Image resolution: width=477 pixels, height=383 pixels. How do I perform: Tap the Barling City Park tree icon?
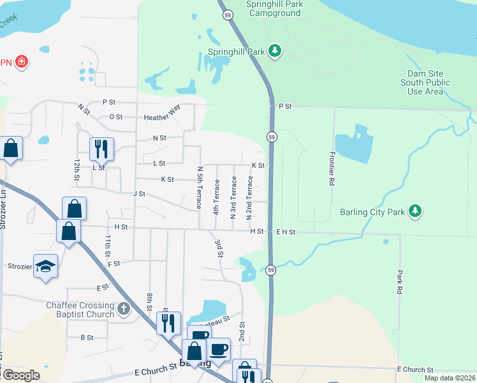coord(415,211)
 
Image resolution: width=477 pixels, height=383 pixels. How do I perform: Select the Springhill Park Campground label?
coord(274,8)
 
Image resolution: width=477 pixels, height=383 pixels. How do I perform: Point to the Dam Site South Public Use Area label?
coord(425,82)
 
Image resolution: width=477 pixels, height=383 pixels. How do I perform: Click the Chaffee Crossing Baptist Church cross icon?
coord(124,310)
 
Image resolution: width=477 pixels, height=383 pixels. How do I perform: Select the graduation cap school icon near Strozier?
coord(45,266)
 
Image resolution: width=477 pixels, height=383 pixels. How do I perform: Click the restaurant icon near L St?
coord(101,149)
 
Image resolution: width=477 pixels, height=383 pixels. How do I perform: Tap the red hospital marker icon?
coord(22,62)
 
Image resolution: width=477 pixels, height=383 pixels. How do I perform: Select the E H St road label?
coord(285,232)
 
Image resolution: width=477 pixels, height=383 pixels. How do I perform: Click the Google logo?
coord(21,375)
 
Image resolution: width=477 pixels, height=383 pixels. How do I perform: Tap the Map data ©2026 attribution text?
coord(450,378)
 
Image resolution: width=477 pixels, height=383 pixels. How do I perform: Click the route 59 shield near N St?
coord(272,137)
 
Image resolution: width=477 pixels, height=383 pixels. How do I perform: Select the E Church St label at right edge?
coord(415,370)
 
